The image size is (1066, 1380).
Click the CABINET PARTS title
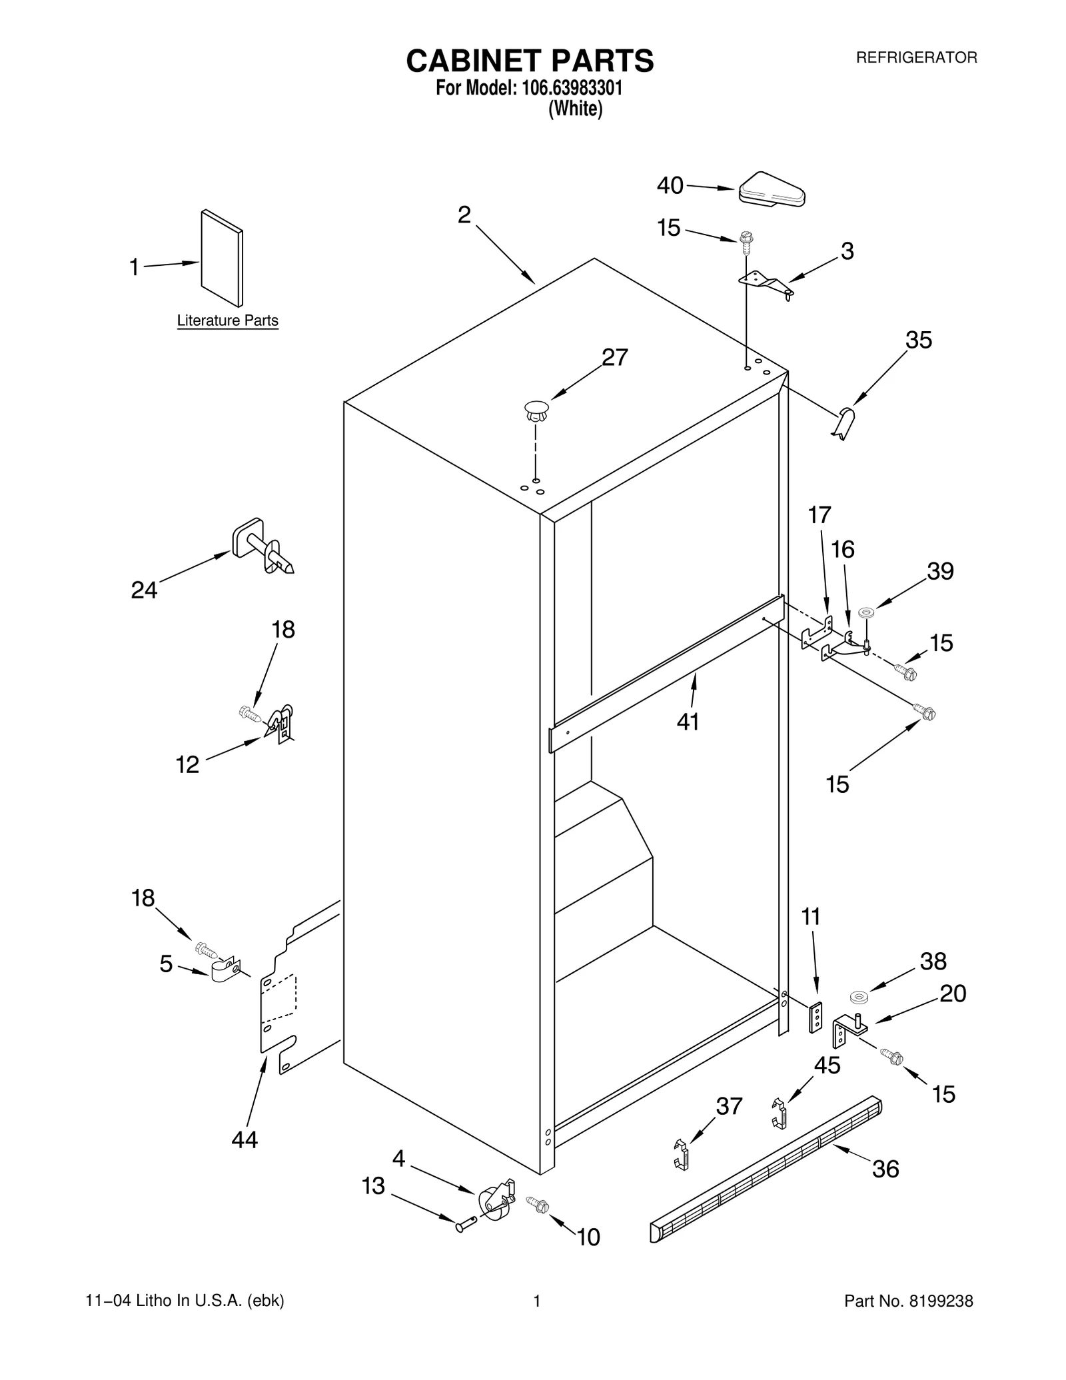click(530, 61)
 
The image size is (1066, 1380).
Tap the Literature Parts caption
click(227, 321)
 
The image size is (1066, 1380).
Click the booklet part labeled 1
click(222, 258)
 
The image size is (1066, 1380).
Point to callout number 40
click(670, 186)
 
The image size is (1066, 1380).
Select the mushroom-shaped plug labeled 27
click(536, 410)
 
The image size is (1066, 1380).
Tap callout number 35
click(918, 341)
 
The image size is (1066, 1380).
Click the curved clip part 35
click(845, 423)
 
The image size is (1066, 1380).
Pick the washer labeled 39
click(866, 612)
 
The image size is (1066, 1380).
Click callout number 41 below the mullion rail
click(688, 721)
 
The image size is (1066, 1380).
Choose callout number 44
click(245, 1140)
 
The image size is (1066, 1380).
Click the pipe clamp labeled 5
click(224, 971)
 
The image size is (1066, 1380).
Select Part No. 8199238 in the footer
click(908, 1301)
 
